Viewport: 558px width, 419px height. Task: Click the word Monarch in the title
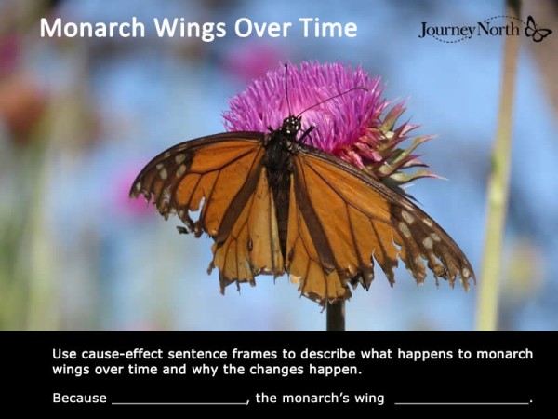point(86,28)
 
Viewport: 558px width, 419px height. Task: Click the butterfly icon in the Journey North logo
point(538,29)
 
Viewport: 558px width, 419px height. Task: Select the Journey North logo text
point(471,30)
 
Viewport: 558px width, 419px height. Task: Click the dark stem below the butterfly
point(335,315)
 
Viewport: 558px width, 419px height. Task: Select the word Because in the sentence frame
point(79,399)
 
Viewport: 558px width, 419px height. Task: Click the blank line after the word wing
point(461,400)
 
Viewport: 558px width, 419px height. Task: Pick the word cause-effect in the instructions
point(116,354)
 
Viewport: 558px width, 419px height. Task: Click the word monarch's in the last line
point(311,399)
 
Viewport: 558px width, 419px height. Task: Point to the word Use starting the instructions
point(63,354)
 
